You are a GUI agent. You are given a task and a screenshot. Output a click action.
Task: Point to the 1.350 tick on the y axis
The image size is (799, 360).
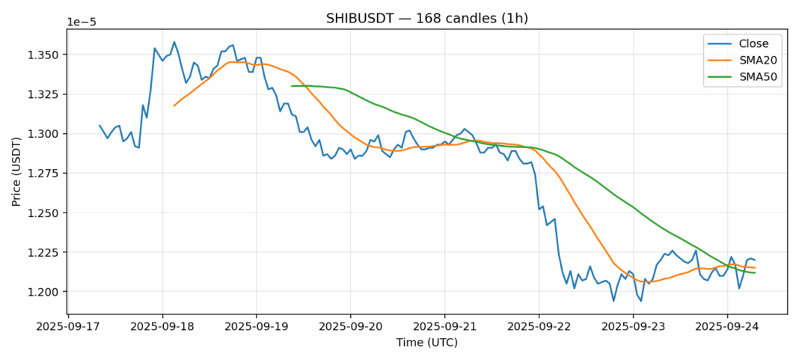click(45, 55)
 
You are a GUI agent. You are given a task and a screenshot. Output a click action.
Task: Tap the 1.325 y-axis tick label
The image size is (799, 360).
click(45, 95)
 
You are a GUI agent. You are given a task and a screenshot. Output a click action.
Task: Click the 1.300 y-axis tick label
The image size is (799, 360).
click(45, 134)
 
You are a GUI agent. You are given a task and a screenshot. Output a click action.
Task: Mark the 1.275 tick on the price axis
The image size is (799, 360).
click(45, 174)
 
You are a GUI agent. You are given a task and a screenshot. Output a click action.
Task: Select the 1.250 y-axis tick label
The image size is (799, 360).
click(45, 213)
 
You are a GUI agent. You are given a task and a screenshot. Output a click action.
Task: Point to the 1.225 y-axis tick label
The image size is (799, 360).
click(45, 253)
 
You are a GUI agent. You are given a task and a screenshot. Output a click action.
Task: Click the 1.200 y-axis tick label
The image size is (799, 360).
click(45, 292)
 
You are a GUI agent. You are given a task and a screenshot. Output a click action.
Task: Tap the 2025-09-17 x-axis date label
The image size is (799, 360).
click(68, 326)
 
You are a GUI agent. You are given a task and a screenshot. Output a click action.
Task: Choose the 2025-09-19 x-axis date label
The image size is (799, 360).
click(257, 326)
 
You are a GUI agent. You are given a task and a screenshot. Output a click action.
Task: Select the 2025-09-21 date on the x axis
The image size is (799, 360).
click(444, 326)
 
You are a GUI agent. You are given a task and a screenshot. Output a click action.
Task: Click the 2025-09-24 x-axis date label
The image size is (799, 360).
click(727, 326)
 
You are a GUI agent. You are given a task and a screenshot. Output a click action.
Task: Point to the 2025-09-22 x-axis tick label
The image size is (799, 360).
click(539, 326)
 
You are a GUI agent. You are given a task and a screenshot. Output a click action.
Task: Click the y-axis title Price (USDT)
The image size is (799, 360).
click(16, 171)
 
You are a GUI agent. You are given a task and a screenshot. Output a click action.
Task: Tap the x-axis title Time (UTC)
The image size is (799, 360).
click(427, 343)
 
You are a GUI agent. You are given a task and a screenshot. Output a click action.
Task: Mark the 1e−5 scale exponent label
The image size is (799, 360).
click(82, 22)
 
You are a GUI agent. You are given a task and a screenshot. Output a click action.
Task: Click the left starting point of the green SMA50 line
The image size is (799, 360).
click(292, 86)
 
